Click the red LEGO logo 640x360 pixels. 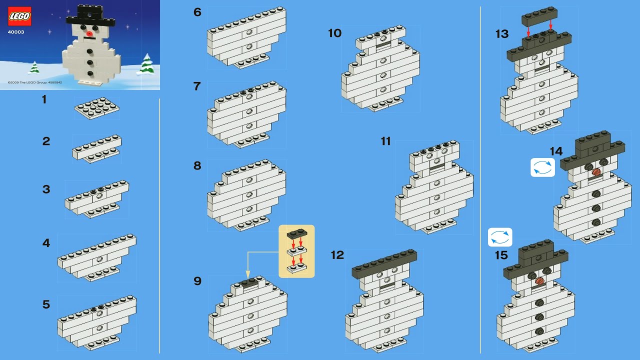[19, 16]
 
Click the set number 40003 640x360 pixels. [16, 32]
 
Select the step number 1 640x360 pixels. [44, 99]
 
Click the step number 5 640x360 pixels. [46, 304]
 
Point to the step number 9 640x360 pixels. [197, 281]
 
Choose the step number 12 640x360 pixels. [337, 255]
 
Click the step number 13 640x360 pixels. [502, 34]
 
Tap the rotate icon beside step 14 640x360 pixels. [542, 167]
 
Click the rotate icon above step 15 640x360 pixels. [500, 237]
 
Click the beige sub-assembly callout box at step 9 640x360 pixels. [296, 251]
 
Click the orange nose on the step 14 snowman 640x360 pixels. [595, 172]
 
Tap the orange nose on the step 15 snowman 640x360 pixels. [539, 281]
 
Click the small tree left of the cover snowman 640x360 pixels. [34, 67]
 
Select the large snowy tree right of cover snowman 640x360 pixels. [146, 64]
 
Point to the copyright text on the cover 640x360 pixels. [35, 82]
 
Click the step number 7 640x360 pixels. [197, 86]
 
